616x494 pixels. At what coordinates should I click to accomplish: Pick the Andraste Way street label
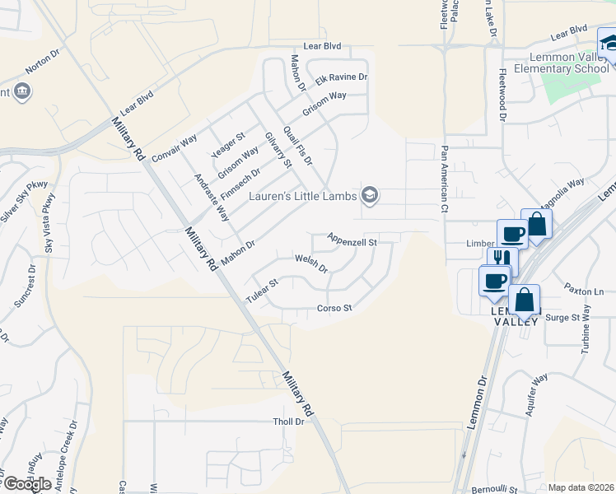[211, 198]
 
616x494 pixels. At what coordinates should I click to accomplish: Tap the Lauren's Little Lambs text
[303, 195]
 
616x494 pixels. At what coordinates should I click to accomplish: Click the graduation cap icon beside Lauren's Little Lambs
[369, 194]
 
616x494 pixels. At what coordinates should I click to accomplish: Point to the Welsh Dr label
[312, 263]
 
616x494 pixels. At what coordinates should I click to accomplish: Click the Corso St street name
[334, 309]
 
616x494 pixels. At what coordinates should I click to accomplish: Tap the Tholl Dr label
[289, 422]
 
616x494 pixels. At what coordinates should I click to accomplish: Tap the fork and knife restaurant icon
[499, 258]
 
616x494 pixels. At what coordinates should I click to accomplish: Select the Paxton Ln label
[584, 291]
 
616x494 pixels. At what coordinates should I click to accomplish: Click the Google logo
[27, 484]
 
